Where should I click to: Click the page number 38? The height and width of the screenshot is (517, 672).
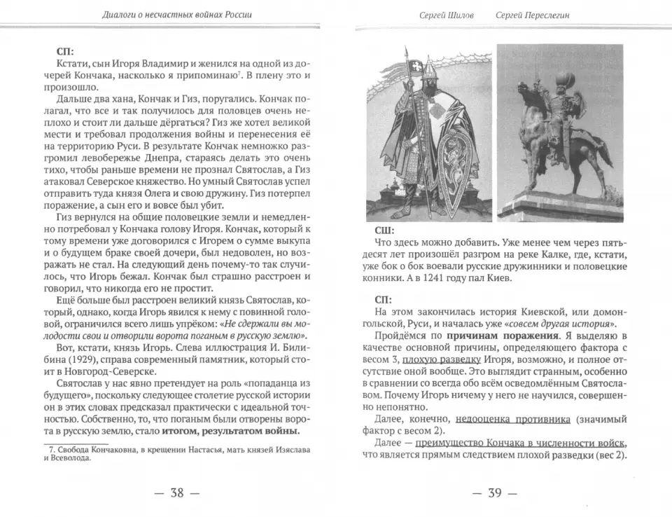pos(176,493)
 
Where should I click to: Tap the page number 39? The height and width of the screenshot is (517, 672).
pos(495,493)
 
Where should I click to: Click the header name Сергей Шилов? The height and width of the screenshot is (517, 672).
pos(447,15)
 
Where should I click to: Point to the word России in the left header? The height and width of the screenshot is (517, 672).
pos(234,15)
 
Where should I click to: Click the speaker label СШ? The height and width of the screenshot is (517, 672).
pos(384,230)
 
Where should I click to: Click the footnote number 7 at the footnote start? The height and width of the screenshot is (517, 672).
pos(48,449)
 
